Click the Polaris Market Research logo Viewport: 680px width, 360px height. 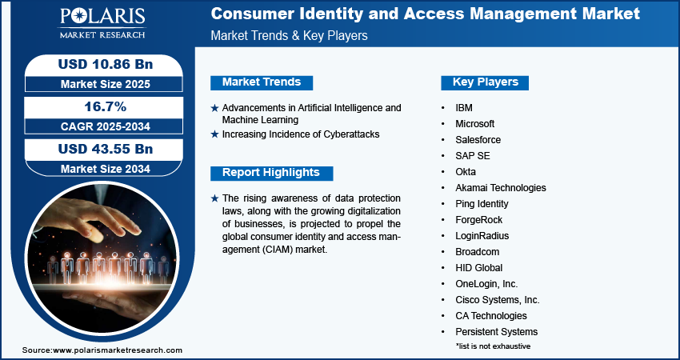click(x=102, y=22)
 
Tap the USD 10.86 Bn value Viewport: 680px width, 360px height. click(x=106, y=64)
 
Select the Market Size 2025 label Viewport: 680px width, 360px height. click(x=106, y=84)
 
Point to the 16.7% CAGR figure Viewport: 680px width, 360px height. click(x=106, y=106)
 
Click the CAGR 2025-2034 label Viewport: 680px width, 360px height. click(x=106, y=126)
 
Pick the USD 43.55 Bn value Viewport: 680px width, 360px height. click(x=106, y=149)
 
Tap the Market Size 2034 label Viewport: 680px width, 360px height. click(x=106, y=169)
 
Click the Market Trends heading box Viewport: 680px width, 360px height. click(x=262, y=82)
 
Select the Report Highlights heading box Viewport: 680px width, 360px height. click(x=271, y=173)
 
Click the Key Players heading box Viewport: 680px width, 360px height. click(x=485, y=82)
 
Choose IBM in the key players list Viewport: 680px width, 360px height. click(x=464, y=108)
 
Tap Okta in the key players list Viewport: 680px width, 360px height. click(x=466, y=172)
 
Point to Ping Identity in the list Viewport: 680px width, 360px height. click(x=482, y=204)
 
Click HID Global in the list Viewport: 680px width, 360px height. click(x=478, y=268)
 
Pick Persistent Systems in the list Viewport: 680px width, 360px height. click(x=497, y=332)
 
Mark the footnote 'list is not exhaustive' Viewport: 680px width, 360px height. click(x=493, y=346)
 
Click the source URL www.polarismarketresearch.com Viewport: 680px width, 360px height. click(x=118, y=350)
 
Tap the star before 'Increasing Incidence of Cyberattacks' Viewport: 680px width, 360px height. click(x=214, y=134)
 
